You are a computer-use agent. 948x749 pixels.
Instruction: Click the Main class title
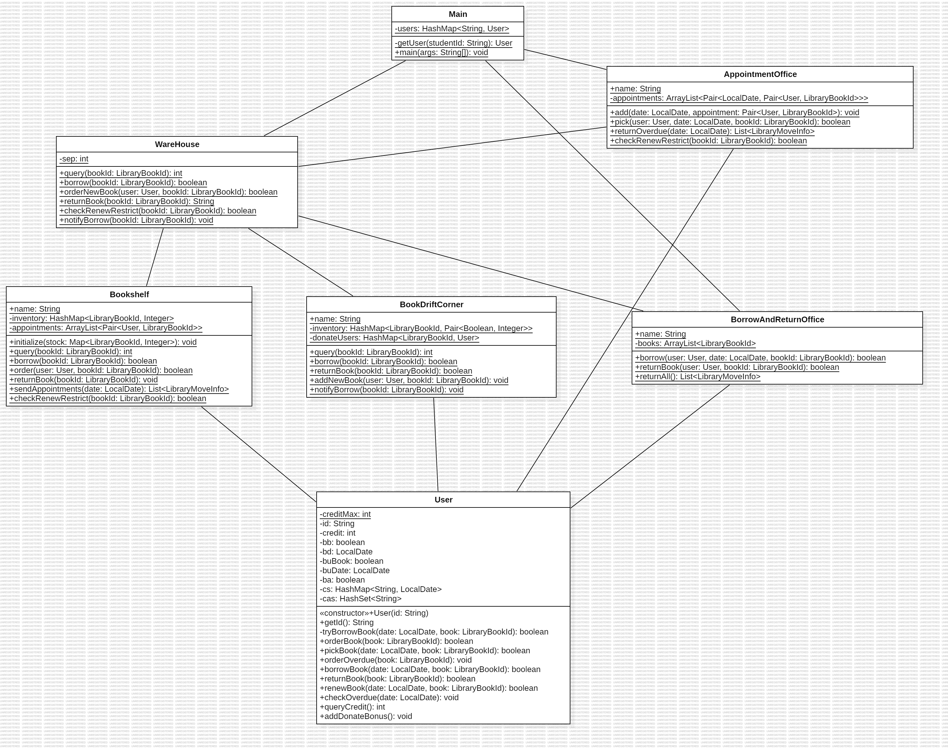pyautogui.click(x=458, y=14)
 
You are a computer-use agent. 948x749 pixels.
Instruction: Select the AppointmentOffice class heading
pyautogui.click(x=760, y=74)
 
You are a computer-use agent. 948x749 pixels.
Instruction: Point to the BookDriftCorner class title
pyautogui.click(x=431, y=305)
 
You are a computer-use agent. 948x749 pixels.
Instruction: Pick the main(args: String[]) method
pyautogui.click(x=441, y=53)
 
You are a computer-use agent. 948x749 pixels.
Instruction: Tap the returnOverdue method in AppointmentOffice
pyautogui.click(x=712, y=131)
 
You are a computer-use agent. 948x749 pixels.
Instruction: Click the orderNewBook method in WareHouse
pyautogui.click(x=168, y=192)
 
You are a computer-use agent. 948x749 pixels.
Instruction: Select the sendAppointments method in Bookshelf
pyautogui.click(x=119, y=389)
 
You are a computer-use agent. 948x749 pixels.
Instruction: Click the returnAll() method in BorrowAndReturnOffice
pyautogui.click(x=698, y=377)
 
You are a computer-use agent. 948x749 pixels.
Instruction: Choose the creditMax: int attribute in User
pyautogui.click(x=345, y=514)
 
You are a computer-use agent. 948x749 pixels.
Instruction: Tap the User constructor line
pyautogui.click(x=374, y=613)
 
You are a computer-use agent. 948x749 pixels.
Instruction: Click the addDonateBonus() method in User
pyautogui.click(x=366, y=716)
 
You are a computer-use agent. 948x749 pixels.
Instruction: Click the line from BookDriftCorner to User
pyautogui.click(x=436, y=445)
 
